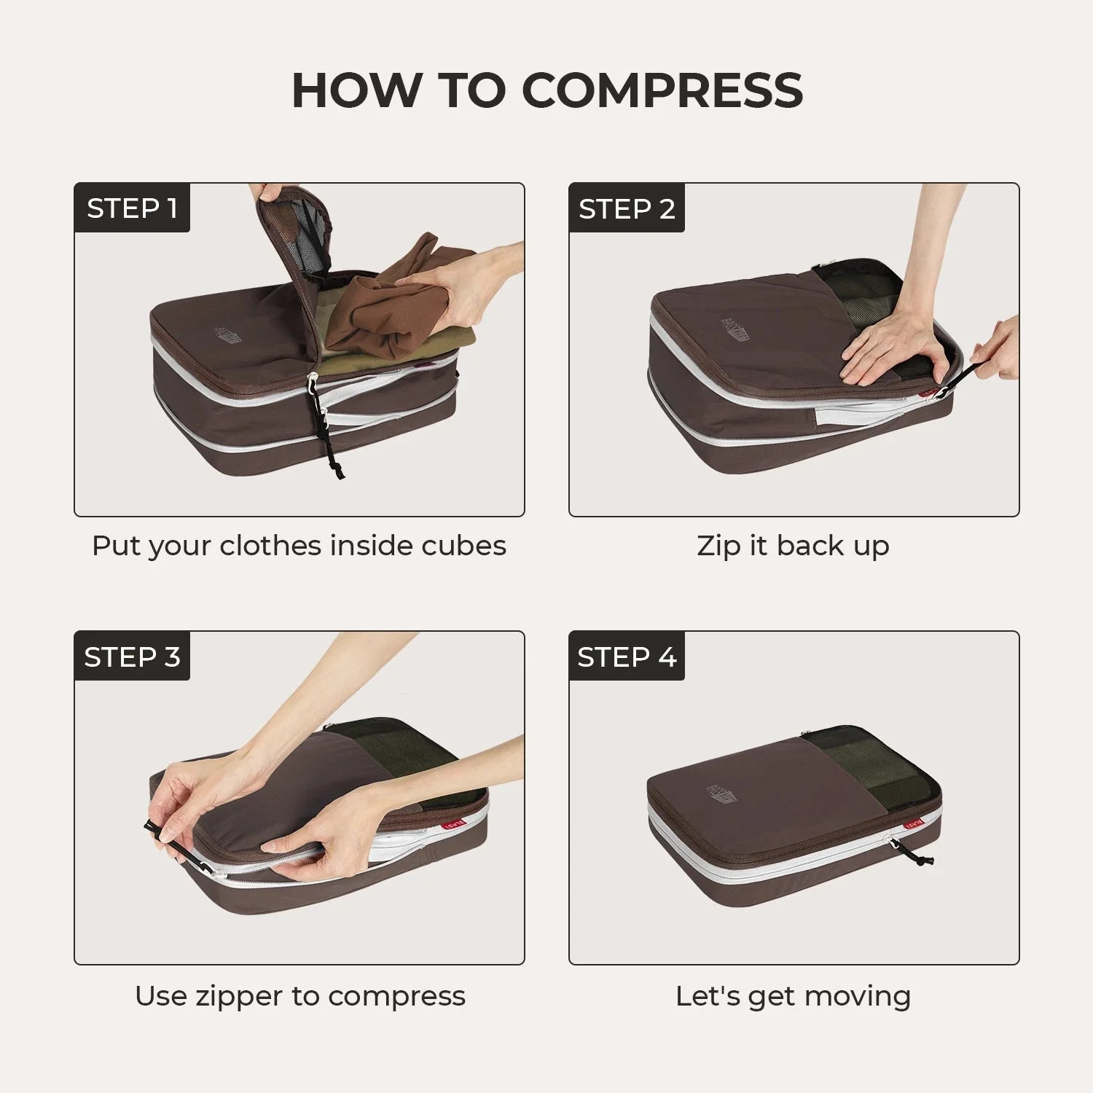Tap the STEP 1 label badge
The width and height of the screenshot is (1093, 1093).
[132, 208]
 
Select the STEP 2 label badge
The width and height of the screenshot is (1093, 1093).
[627, 208]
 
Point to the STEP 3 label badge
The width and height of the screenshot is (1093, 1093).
[132, 657]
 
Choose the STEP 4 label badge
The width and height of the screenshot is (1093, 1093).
[627, 657]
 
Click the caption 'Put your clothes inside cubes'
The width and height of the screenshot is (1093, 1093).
[299, 546]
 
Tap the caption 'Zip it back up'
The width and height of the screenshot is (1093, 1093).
[793, 546]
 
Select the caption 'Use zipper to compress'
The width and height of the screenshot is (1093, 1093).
[299, 995]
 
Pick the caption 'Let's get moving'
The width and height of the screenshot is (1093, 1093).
[793, 995]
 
